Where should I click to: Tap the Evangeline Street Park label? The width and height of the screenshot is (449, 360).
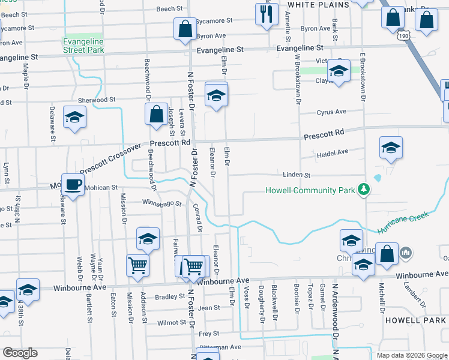coord(83,46)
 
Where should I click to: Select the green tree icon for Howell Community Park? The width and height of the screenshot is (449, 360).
coord(363,190)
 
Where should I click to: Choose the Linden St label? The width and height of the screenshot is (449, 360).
coord(297,175)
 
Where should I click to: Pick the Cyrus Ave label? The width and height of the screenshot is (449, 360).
coord(332,112)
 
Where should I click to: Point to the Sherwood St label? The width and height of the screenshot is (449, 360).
coord(96,100)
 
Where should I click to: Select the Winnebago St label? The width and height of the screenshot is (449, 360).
coord(161,203)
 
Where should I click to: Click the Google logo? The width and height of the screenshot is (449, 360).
coord(20,353)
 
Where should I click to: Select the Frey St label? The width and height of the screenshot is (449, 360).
coord(209,334)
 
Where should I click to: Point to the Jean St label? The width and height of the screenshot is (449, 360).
coord(209,308)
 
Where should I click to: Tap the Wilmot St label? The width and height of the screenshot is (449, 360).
coord(167,322)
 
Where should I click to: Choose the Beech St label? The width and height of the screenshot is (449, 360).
coord(169,9)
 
